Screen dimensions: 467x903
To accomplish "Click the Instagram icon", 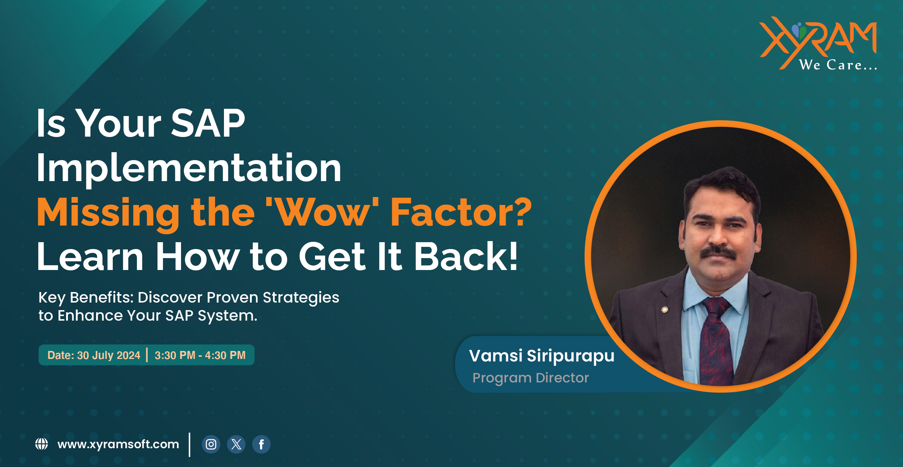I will point(211,444).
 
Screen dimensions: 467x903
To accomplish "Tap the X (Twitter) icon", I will point(236,444).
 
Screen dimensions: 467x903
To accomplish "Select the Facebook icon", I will point(261,444).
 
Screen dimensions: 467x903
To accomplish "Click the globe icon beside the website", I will point(42,444).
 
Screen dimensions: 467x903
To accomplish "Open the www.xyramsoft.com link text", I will point(118,444).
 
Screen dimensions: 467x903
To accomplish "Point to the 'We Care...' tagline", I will point(838,65).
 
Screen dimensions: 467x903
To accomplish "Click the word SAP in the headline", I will point(208,124).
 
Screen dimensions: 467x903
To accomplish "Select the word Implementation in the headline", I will point(189,168).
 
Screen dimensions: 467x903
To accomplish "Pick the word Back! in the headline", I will point(466,257).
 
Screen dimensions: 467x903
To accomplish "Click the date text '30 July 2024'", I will point(108,355).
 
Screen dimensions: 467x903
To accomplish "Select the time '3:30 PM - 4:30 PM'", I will point(200,355).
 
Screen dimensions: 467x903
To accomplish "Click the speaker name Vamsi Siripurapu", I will point(541,356).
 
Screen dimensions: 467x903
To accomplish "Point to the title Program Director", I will point(531,378).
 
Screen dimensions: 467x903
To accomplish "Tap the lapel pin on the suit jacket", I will point(665,310).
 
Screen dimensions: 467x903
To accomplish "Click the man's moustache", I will point(718,252).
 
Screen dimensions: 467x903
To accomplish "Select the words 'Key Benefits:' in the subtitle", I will point(86,297).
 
